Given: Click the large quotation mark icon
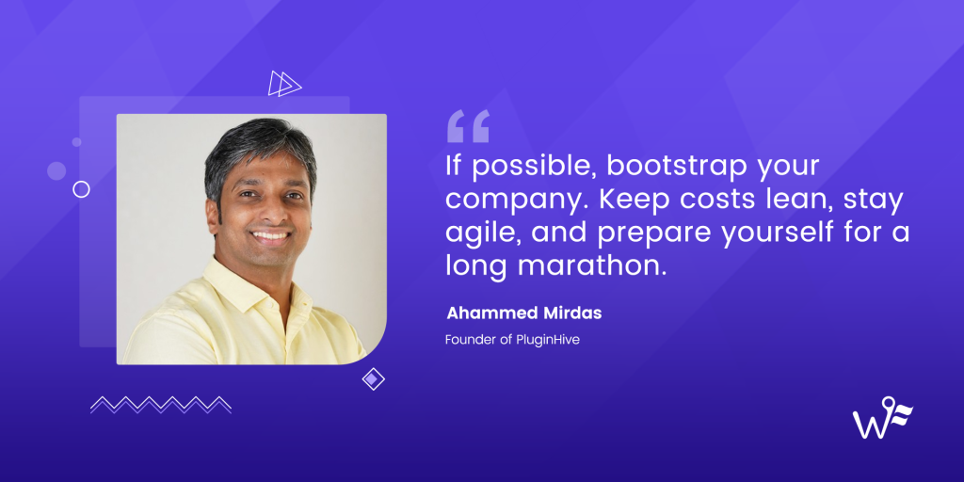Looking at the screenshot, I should coord(468,126).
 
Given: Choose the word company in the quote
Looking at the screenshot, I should coord(511,201).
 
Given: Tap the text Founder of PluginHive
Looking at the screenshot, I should coord(512,339).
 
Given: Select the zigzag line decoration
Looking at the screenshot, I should coord(161,404).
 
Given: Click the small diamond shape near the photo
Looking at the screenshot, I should coord(374,379).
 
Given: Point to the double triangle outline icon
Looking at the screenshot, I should coord(284,84).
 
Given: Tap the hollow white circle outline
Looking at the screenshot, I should coord(81,189).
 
